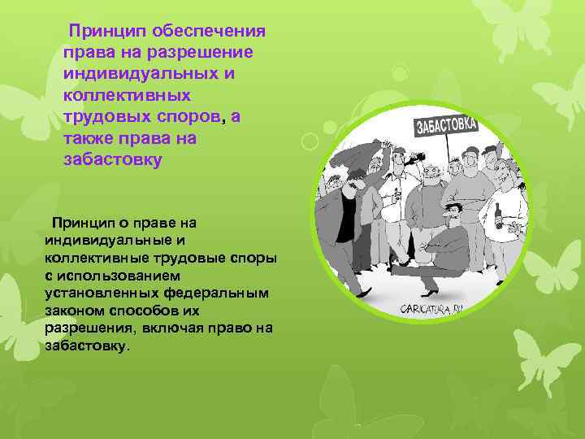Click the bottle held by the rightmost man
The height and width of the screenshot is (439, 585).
pos(497,215)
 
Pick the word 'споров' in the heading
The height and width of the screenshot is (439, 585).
pos(187,116)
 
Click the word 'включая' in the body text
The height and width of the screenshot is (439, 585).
pos(175,328)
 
